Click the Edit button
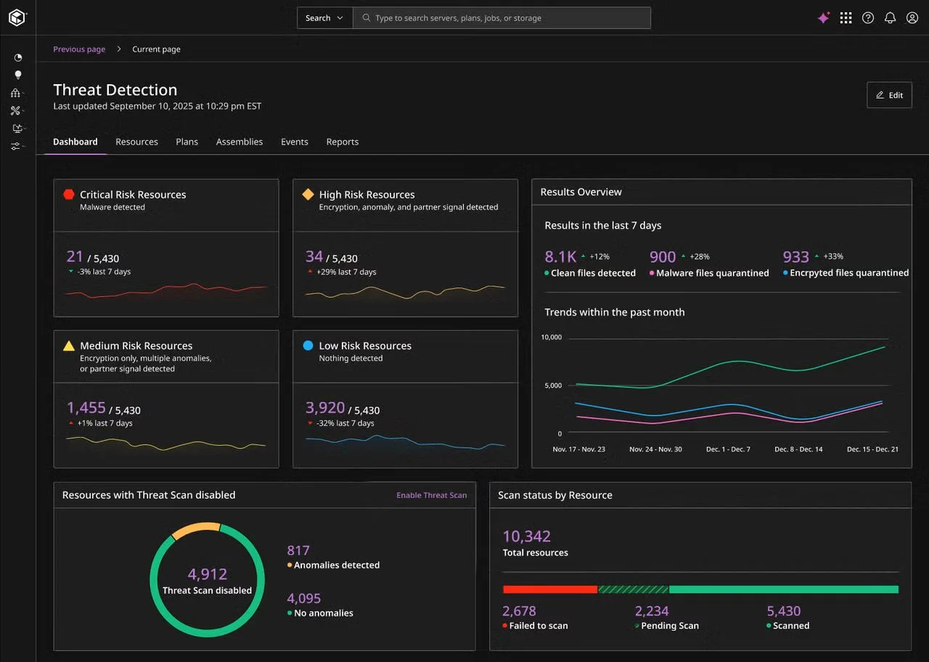889,95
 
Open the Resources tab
137,142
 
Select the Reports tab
342,142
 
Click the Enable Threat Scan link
431,495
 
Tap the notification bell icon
890,18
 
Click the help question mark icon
868,18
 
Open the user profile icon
912,18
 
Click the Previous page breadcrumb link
79,49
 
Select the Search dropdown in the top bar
324,18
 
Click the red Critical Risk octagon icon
69,194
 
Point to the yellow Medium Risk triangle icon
69,346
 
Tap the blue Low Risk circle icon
308,345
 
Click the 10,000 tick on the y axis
551,338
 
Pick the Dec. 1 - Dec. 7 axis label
728,449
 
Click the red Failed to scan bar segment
550,589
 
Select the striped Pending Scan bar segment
634,589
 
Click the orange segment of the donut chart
196,528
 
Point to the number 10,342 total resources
527,536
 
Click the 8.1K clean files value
560,257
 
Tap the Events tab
295,142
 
